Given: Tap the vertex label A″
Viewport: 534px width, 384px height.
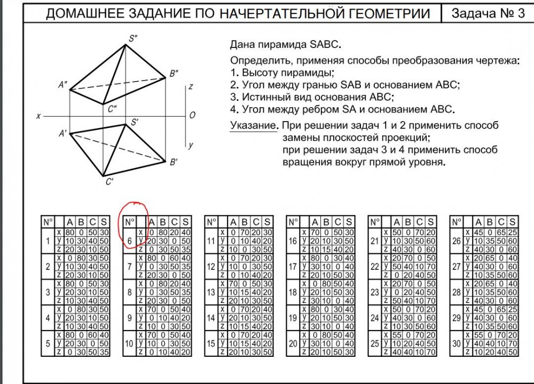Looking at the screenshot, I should click(x=63, y=84).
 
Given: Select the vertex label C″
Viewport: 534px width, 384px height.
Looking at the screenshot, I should click(x=112, y=109).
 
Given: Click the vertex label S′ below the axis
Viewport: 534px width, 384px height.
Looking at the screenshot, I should click(x=135, y=122).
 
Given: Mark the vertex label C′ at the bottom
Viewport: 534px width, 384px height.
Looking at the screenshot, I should click(x=109, y=182).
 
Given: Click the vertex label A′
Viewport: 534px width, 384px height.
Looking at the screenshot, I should click(x=62, y=134).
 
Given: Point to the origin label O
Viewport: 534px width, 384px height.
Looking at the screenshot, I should click(x=192, y=115).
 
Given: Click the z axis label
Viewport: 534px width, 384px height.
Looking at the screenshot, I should click(x=191, y=86).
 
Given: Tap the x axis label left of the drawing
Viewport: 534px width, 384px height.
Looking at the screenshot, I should click(x=38, y=115).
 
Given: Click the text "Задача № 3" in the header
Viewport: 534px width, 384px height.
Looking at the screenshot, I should click(x=488, y=14).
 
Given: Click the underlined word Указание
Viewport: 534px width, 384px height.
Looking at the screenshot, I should click(x=254, y=126).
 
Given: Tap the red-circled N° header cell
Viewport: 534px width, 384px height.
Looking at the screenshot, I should click(x=130, y=221).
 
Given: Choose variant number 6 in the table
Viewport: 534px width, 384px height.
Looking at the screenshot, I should click(x=130, y=241).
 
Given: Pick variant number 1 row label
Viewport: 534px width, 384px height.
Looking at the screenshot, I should click(x=48, y=241).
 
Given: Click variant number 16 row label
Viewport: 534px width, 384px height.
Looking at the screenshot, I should click(x=293, y=241).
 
